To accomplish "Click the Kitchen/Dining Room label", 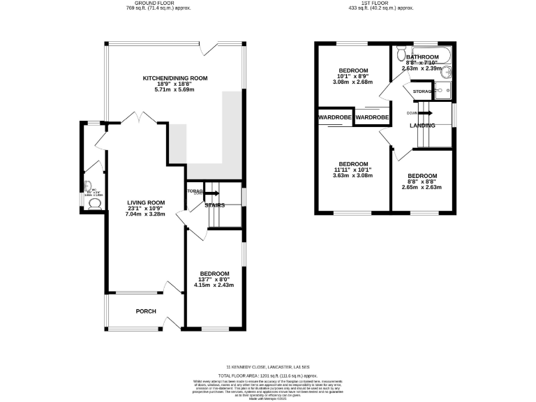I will tap(175, 78).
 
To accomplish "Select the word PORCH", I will tap(146, 311).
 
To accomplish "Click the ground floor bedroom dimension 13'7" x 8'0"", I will tap(214, 279).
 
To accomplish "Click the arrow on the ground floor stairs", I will tap(212, 193).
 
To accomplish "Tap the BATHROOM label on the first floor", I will tap(424, 57).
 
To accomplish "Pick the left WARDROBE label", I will tap(335, 118).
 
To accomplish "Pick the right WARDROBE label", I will tap(371, 118).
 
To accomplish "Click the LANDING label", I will tap(422, 126).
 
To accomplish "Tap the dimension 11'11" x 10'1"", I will tap(352, 169).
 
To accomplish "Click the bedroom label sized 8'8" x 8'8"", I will tap(422, 176).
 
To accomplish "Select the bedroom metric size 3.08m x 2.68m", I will tap(352, 82).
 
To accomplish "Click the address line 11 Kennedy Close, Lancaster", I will tap(268, 366).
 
